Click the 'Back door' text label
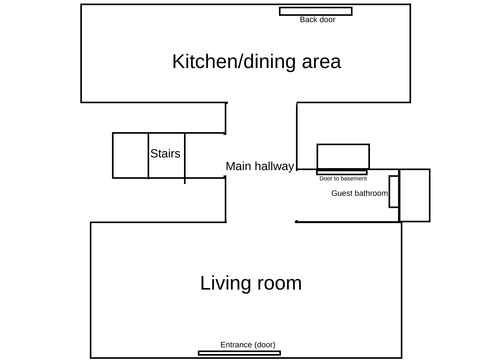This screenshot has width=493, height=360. pos(317,20)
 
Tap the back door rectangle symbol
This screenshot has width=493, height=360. pos(315,11)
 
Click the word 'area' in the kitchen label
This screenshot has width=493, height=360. pos(321,62)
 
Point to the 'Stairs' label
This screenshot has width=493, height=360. pos(165,154)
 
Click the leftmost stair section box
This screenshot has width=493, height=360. pos(131,155)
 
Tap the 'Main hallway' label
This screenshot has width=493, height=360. pos(260,167)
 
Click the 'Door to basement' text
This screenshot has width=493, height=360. pos(343,179)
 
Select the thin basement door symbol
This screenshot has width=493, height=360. pos(342,172)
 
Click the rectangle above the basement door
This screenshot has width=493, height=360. pos(343,157)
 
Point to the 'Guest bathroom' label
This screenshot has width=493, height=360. pos(359,193)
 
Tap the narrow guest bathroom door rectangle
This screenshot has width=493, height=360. pos(394,191)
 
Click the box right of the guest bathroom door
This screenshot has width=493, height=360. pos(415,195)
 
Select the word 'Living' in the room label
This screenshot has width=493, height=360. pos(225,283)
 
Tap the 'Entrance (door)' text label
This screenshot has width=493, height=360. pos(248,345)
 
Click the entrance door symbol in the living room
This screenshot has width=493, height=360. pos(239,353)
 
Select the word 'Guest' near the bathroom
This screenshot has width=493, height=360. pos(340,193)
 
